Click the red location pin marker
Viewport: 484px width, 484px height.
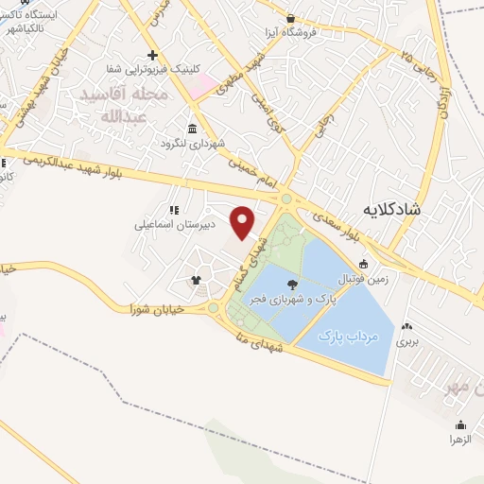[243, 222]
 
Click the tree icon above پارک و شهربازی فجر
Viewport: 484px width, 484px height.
[288, 284]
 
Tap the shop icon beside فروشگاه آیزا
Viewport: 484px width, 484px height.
[290, 18]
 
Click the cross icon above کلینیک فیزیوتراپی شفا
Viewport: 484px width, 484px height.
[152, 54]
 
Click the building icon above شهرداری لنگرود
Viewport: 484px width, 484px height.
[193, 129]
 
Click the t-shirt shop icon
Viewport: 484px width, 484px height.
[196, 280]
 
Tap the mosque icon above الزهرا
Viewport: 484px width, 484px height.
[460, 424]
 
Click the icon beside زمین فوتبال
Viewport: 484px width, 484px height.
[362, 263]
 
